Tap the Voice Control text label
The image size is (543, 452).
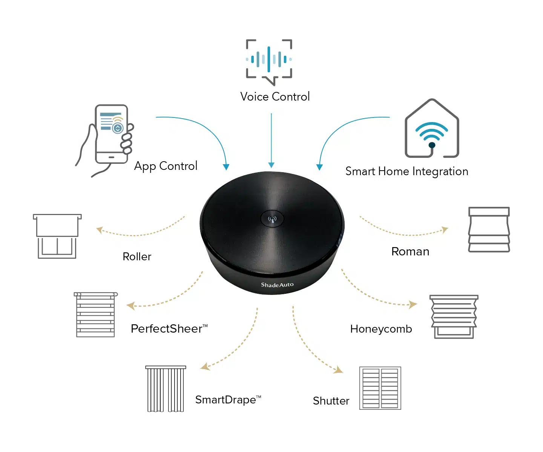tap(275, 97)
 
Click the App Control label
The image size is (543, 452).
tap(166, 166)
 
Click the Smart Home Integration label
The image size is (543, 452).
tap(406, 171)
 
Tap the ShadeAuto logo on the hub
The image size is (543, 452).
tap(277, 285)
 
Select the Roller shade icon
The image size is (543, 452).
tap(57, 236)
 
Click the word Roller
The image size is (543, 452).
tap(137, 257)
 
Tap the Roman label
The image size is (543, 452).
tap(410, 252)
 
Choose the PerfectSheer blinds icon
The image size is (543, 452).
tap(96, 315)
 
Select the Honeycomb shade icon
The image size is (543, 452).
tap(454, 316)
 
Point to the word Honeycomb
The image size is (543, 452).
tap(381, 329)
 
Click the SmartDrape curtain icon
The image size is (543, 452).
tap(166, 389)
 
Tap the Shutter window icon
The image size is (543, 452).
tap(380, 388)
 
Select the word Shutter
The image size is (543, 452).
tap(331, 401)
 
